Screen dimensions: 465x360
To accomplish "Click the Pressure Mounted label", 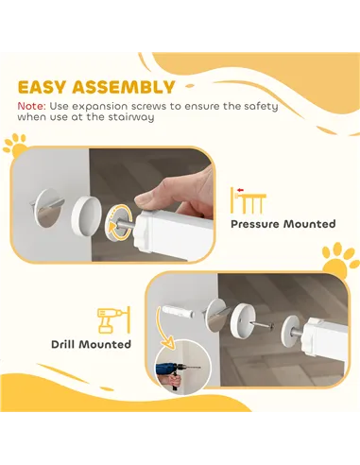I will point(283,224).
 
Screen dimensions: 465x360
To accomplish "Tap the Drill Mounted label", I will point(91,344).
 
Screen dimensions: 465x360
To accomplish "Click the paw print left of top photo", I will point(15,146).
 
